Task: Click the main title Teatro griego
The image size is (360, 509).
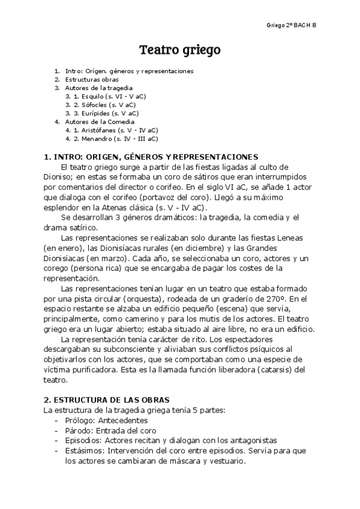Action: point(180,49)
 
